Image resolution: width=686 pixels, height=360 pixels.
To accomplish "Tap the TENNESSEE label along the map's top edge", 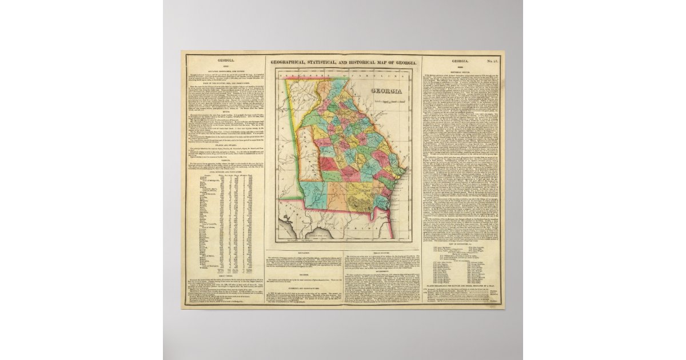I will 309,73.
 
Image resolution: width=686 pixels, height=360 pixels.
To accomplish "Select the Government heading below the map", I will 380,273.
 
